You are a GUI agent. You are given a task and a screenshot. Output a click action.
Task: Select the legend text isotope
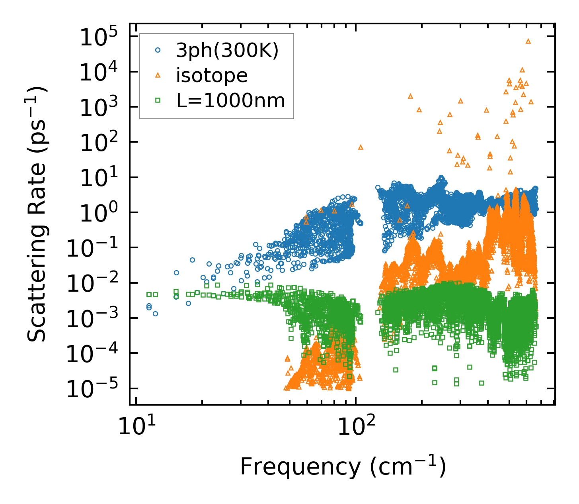click(x=212, y=76)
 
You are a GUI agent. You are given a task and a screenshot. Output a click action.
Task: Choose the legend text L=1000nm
click(x=231, y=101)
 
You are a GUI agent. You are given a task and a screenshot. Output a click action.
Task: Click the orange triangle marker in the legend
click(x=158, y=75)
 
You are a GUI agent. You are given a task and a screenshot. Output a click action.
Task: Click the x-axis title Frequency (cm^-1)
click(x=343, y=467)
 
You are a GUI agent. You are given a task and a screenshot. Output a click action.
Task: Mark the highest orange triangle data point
click(x=528, y=41)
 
